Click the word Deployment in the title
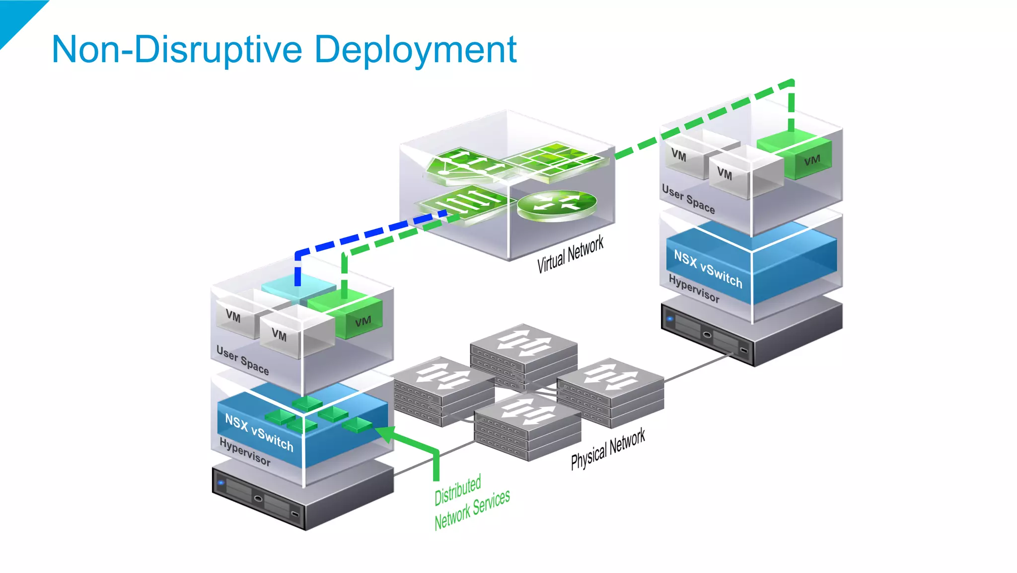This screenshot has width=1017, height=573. coord(416,50)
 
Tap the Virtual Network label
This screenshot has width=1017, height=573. coord(570,254)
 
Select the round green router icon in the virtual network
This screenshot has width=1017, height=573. coord(557,203)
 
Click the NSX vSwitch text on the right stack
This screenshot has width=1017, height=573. coord(708,269)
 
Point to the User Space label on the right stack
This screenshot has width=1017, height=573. coord(688,199)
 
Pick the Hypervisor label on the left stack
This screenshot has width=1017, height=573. coord(245,452)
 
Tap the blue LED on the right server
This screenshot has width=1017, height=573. coord(670,319)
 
